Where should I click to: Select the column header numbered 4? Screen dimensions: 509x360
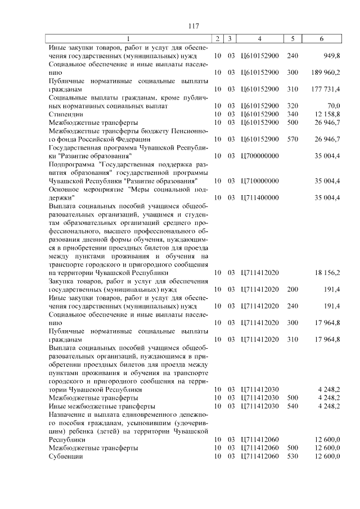[x=259, y=39]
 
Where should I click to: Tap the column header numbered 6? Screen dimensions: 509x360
[x=321, y=39]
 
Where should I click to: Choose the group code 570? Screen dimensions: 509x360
[x=292, y=138]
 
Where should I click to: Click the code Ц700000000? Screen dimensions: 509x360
[x=259, y=155]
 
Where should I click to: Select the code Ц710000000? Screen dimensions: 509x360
[x=259, y=181]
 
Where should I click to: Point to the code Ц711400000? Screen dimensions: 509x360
[x=259, y=197]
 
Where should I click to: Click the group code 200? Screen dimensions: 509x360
[x=292, y=289]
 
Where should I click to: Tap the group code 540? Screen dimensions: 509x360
[x=292, y=406]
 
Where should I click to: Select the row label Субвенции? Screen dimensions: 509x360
[x=66, y=456]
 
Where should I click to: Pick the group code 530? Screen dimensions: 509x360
[x=292, y=456]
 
